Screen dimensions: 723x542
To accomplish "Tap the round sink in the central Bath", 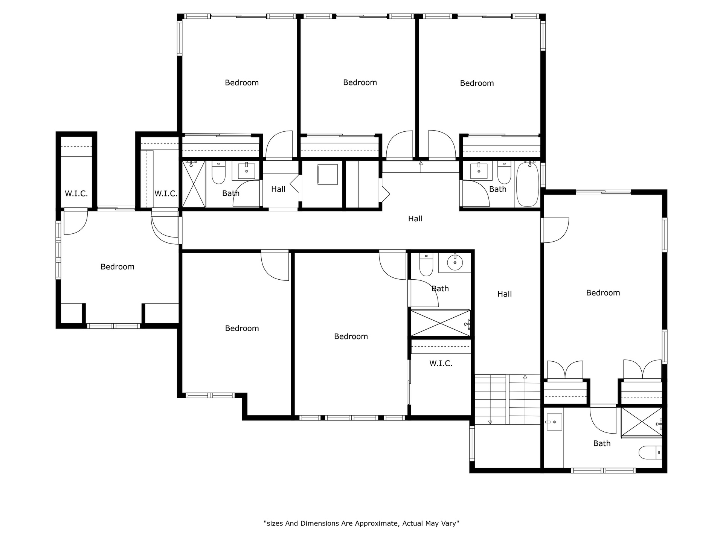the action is point(455,262).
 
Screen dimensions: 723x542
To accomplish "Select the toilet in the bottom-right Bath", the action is point(650,452).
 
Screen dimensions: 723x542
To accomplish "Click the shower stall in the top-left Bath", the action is point(194,184).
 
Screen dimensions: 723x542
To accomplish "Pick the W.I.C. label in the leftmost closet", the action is point(76,193).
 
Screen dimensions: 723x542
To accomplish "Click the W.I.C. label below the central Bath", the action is point(441,363).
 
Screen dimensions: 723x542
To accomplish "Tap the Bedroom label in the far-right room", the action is point(603,293).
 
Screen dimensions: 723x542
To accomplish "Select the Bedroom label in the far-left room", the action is point(117,267).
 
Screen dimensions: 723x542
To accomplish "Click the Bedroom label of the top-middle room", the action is point(360,82).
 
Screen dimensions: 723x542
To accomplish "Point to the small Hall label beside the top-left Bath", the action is point(278,189).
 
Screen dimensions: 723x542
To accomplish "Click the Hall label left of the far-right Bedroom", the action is point(505,294).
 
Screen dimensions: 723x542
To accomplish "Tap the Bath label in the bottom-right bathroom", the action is point(602,443).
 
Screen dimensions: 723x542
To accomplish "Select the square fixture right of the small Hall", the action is point(328,174).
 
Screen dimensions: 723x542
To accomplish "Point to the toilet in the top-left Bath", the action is point(218,173).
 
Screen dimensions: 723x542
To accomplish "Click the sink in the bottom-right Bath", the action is point(554,422).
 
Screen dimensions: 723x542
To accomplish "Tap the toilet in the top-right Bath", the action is point(504,173).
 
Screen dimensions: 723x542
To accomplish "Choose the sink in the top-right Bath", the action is point(479,171).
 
